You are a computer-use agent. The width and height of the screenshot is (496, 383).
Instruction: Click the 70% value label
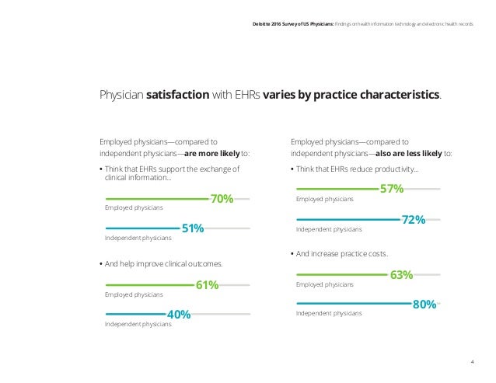(x=222, y=199)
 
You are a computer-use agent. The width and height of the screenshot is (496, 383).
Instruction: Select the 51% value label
(x=193, y=228)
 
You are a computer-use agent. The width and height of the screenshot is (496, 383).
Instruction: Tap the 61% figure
(x=208, y=285)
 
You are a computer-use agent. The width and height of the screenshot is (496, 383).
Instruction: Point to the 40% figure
(x=179, y=315)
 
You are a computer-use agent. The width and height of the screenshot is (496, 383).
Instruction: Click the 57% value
(x=392, y=189)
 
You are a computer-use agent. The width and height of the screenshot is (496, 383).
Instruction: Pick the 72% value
(x=414, y=220)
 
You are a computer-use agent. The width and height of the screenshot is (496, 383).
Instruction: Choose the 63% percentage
(x=401, y=275)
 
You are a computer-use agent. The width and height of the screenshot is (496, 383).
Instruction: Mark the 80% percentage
(x=424, y=305)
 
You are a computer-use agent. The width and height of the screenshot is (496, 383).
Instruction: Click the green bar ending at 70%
(x=157, y=199)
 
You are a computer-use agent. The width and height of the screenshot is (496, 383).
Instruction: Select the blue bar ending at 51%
(x=143, y=228)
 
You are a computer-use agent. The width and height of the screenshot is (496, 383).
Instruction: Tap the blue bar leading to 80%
(x=355, y=304)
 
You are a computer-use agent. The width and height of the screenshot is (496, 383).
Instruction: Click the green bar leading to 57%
(x=337, y=189)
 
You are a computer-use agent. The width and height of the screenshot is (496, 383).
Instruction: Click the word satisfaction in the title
(x=177, y=95)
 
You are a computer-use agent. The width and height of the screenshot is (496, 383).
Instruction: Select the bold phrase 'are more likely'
(x=212, y=154)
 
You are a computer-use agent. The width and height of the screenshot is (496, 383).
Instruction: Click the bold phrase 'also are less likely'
(x=409, y=154)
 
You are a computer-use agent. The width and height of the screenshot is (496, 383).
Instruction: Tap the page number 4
(x=472, y=362)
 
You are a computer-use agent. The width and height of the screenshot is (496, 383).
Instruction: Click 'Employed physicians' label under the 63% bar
(x=324, y=284)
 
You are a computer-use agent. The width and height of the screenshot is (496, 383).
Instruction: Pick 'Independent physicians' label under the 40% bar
(x=138, y=324)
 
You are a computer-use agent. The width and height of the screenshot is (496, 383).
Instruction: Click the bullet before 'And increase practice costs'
(x=292, y=254)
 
